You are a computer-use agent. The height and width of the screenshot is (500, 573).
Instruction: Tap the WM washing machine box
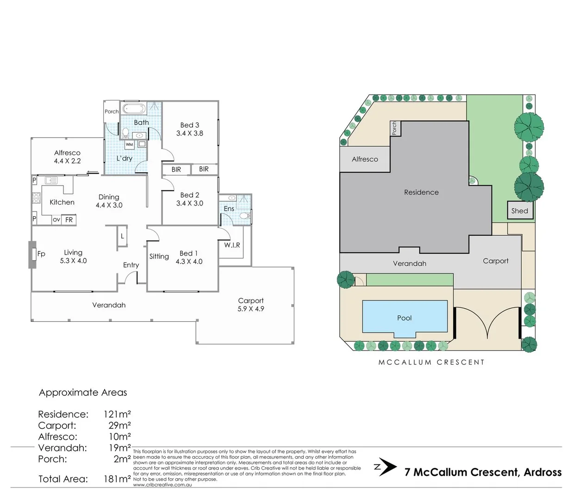coord(129,144)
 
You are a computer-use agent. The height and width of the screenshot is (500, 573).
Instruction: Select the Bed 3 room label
coord(189,129)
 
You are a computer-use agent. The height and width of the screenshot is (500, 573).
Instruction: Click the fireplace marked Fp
coord(33,254)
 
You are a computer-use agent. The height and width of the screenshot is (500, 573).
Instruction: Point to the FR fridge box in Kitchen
coord(69,219)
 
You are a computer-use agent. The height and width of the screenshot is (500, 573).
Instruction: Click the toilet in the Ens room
coord(246,216)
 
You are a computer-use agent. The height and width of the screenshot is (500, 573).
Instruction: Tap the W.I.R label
coord(232,245)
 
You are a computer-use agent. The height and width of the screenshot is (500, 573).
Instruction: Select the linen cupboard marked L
coord(122,236)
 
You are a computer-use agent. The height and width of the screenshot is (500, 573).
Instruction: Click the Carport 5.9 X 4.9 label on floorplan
coord(250,305)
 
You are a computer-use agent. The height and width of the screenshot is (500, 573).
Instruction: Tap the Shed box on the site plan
coord(519,211)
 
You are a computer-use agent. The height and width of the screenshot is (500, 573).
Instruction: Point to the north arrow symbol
coord(386,468)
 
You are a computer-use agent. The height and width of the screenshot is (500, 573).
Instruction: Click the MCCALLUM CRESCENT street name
coord(431,362)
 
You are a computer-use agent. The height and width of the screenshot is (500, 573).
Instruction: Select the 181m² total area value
coord(117,479)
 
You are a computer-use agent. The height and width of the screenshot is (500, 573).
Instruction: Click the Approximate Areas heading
coord(83,393)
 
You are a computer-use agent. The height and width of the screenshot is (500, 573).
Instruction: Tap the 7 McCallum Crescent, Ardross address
coord(483,472)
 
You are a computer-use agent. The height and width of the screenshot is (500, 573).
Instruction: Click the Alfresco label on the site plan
coord(365,159)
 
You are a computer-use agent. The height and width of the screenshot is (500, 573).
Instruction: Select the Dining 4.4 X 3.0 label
coord(109,201)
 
